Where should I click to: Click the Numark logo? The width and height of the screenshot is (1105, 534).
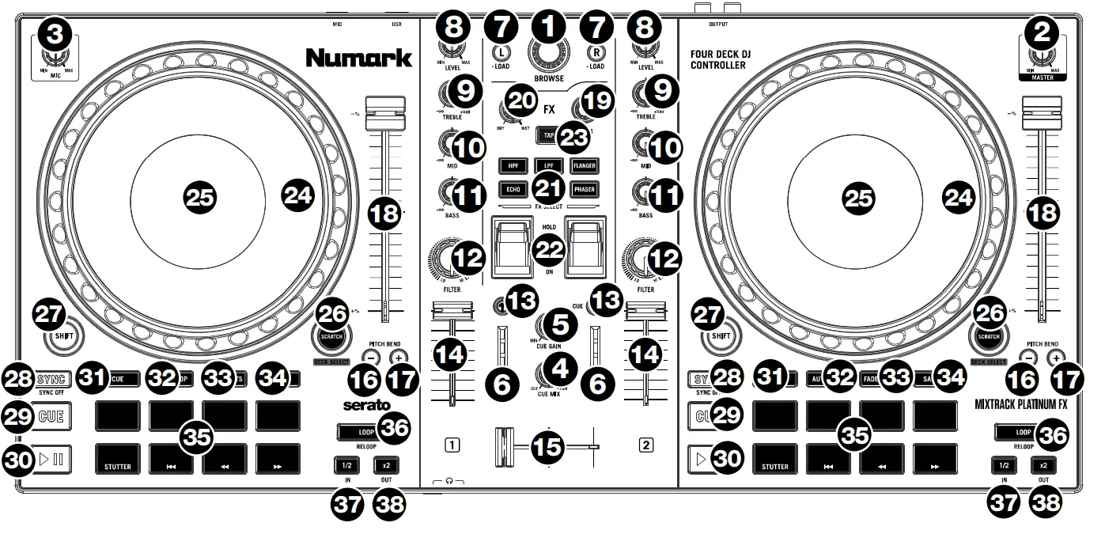[x=359, y=58]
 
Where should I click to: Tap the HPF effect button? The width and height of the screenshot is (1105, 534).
[x=512, y=165]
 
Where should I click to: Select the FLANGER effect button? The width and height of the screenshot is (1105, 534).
[x=585, y=165]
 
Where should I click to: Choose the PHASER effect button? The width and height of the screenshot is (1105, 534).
[x=585, y=190]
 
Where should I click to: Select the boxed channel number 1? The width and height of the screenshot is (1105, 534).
[x=450, y=445]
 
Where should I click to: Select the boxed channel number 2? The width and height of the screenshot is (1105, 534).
[x=646, y=445]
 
